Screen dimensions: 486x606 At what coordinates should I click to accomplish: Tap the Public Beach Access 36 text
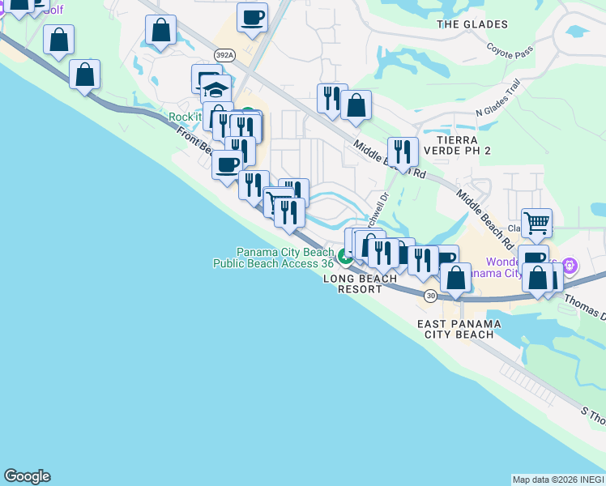pyautogui.click(x=273, y=262)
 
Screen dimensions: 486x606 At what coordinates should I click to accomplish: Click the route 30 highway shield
pyautogui.click(x=429, y=296)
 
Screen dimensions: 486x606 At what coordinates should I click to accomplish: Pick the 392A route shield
pyautogui.click(x=225, y=54)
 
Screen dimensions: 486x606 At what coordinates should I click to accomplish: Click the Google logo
pyautogui.click(x=27, y=476)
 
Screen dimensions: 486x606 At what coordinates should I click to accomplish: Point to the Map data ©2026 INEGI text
pyautogui.click(x=558, y=480)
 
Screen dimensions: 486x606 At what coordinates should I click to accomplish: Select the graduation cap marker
pyautogui.click(x=216, y=90)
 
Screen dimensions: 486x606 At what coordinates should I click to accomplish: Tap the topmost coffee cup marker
pyautogui.click(x=253, y=17)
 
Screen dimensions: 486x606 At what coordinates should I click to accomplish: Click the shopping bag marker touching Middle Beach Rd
pyautogui.click(x=356, y=105)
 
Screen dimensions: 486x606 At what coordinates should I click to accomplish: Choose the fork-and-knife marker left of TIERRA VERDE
pyautogui.click(x=402, y=151)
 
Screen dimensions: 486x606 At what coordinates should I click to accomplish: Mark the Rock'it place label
pyautogui.click(x=185, y=117)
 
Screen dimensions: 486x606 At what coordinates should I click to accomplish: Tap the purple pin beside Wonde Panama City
pyautogui.click(x=570, y=264)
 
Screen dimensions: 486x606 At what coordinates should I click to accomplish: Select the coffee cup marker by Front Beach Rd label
pyautogui.click(x=228, y=164)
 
